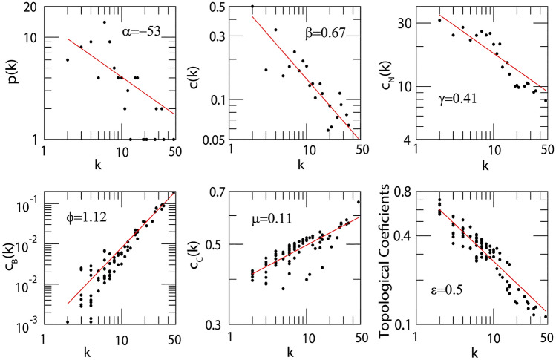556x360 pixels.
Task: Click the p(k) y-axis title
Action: coord(10,74)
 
